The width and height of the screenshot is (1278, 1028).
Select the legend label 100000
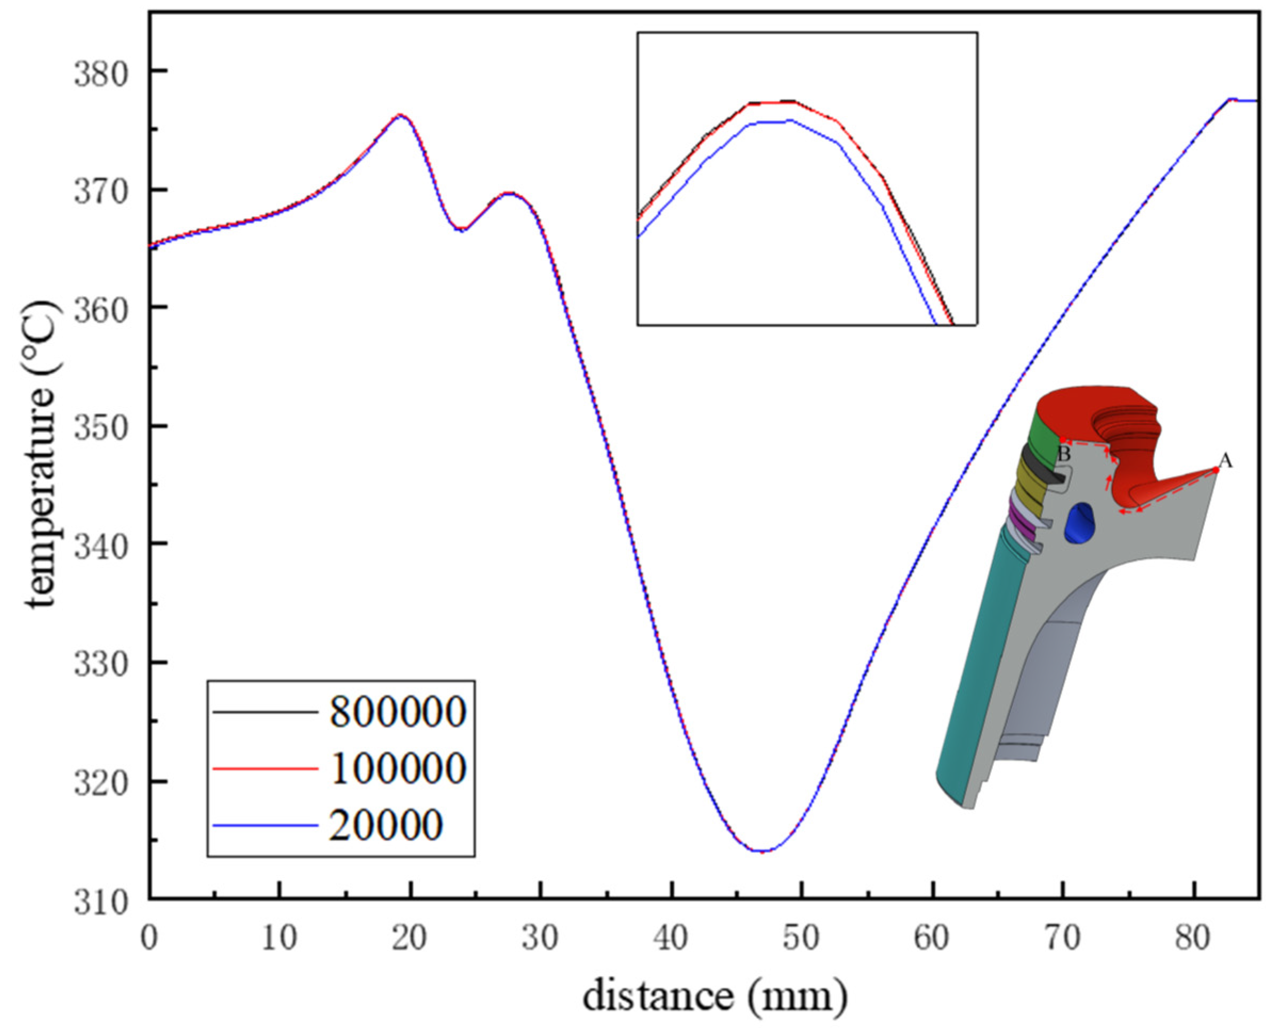398,769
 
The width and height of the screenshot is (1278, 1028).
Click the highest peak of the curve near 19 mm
400,115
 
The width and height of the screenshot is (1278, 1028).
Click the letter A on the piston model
1225,461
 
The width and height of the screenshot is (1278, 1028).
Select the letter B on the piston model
1064,455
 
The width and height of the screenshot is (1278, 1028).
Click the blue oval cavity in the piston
1080,523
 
